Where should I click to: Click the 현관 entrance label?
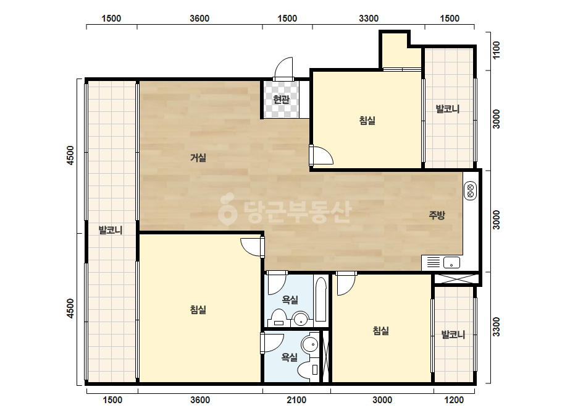pyautogui.click(x=281, y=99)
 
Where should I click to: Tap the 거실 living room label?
pyautogui.click(x=198, y=158)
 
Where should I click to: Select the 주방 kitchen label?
pyautogui.click(x=437, y=215)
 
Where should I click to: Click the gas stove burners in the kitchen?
pyautogui.click(x=470, y=191)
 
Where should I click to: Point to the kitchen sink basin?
pyautogui.click(x=451, y=262)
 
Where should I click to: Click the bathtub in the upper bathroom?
pyautogui.click(x=321, y=299)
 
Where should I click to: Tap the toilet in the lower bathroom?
pyautogui.click(x=308, y=370)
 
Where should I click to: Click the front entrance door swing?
pyautogui.click(x=283, y=69)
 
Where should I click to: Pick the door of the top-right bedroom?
pyautogui.click(x=321, y=155)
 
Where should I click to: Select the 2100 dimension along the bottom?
pyautogui.click(x=296, y=400)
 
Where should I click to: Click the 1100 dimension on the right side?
pyautogui.click(x=497, y=50)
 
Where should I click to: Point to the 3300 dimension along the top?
pyautogui.click(x=369, y=18)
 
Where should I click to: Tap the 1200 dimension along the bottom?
pyautogui.click(x=454, y=400)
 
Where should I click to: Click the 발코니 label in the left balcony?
pyautogui.click(x=111, y=230)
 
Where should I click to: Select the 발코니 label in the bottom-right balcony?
pyautogui.click(x=453, y=335)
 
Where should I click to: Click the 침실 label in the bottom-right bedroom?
pyautogui.click(x=380, y=331)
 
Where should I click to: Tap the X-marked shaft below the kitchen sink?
pyautogui.click(x=456, y=279)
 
